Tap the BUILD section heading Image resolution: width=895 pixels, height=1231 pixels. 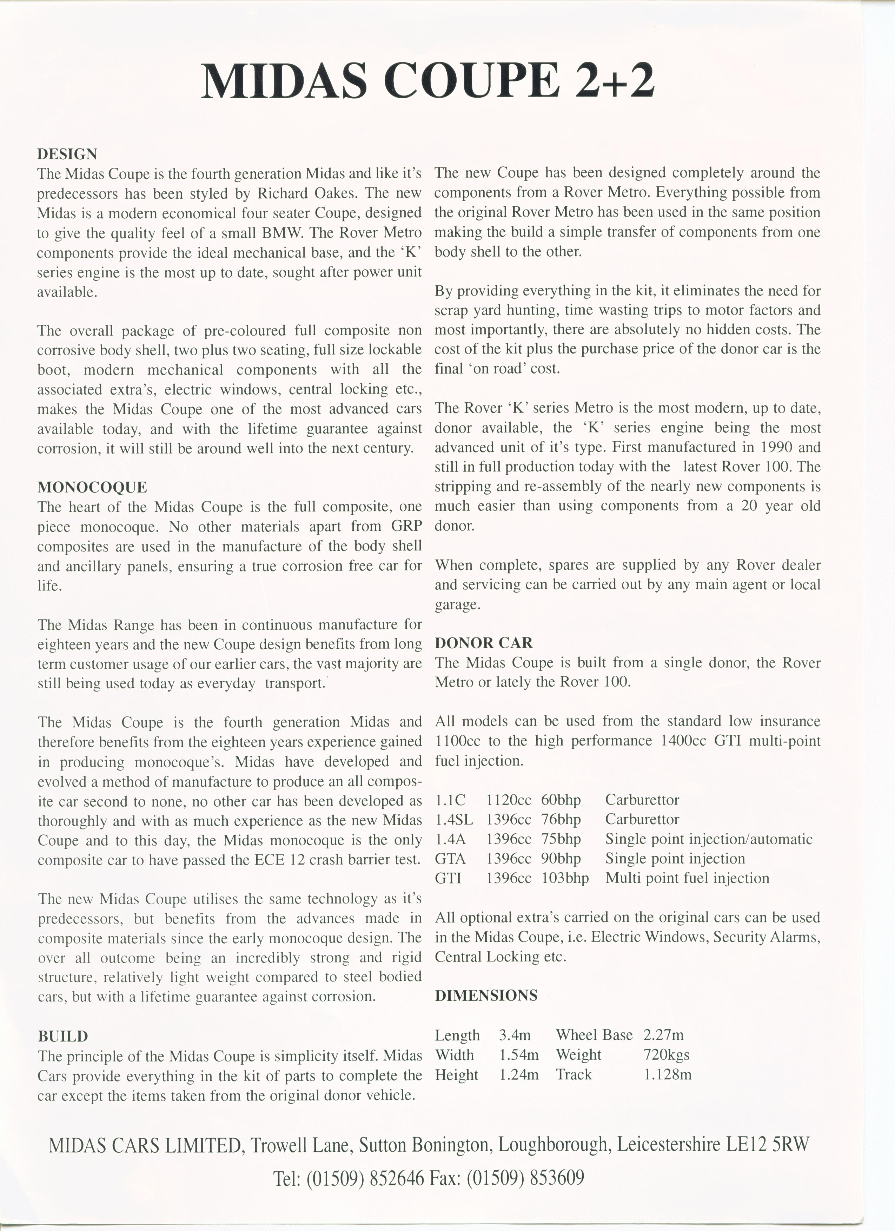point(63,1036)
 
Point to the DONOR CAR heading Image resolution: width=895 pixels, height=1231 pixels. point(484,643)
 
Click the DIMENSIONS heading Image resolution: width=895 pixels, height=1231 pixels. point(486,995)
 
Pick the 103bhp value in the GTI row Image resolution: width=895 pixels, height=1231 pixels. point(565,878)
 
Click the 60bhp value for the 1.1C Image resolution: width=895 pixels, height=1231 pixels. point(561,800)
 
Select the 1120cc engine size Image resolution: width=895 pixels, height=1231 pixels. point(509,800)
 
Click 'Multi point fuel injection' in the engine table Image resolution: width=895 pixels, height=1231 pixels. point(687,878)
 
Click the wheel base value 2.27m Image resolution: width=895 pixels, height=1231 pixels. point(663,1035)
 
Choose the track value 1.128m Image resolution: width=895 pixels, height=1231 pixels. point(668,1075)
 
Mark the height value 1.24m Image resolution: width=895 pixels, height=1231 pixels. point(519,1075)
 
